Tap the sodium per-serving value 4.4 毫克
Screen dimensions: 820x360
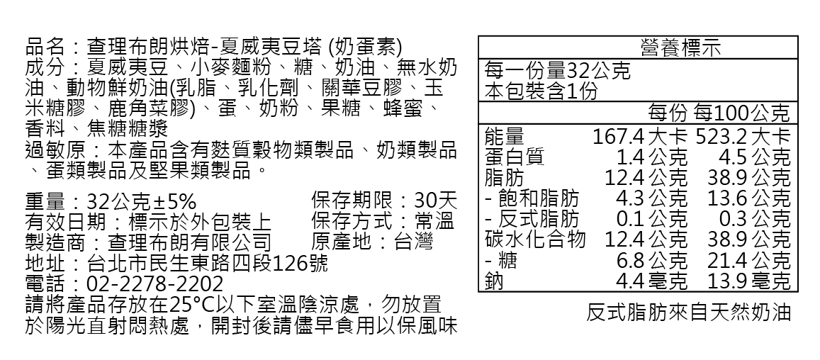651,281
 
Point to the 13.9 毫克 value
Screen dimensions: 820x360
748,281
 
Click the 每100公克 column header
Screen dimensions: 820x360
742,113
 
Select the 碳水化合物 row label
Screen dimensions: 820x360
535,240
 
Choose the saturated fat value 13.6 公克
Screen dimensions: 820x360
748,198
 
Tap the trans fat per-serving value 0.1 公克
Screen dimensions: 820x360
651,218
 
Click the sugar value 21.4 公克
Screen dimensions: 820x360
748,260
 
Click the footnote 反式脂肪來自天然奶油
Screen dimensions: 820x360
688,313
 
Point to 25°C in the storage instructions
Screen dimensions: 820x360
196,305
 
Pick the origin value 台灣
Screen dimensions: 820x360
414,242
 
